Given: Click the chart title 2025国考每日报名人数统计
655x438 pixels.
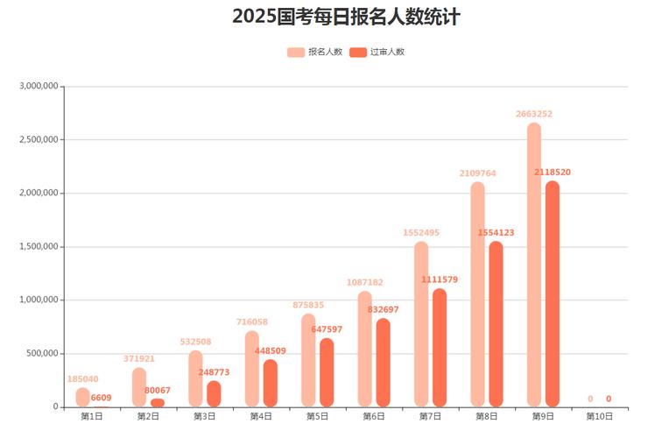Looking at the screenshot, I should point(346,17).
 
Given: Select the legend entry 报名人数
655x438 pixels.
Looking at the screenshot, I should point(314,52).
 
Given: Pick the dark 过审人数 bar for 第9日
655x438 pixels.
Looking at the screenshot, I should point(552,293).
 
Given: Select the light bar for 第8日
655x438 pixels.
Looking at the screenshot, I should point(477,294).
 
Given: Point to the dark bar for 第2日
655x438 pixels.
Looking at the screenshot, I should point(158,403).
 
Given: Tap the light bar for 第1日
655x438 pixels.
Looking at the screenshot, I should point(82,398).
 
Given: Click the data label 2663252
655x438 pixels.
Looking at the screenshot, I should point(533,114).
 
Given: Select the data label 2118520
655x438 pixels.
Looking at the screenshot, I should point(552,173).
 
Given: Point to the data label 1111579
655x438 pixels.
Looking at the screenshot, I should point(439,279).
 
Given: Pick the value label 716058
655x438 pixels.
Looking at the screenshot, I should point(252,321).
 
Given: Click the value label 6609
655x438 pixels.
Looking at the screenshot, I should point(101,398).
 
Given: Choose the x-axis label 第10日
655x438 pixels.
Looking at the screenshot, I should point(599,416).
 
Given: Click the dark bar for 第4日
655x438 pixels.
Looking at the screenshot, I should point(270,383).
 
